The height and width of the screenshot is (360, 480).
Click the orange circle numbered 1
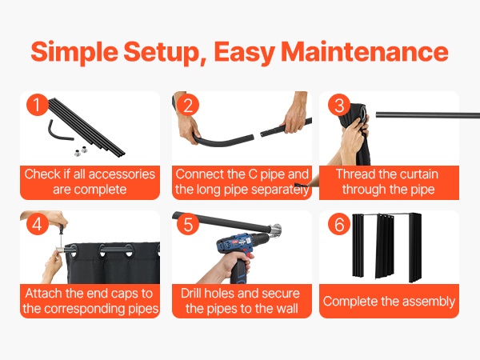click(x=38, y=104)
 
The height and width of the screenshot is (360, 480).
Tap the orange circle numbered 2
click(x=188, y=104)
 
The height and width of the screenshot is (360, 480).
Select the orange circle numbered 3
click(x=339, y=104)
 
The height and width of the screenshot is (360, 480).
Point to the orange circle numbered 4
click(x=38, y=224)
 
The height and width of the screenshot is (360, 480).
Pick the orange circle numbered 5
click(x=188, y=224)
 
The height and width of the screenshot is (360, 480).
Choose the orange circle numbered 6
click(x=339, y=224)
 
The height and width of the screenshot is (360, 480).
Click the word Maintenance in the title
click(x=365, y=51)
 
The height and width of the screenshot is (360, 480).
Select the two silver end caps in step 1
click(x=81, y=151)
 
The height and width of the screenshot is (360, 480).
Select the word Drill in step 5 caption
click(x=190, y=293)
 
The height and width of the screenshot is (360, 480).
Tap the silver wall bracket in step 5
click(x=276, y=230)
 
